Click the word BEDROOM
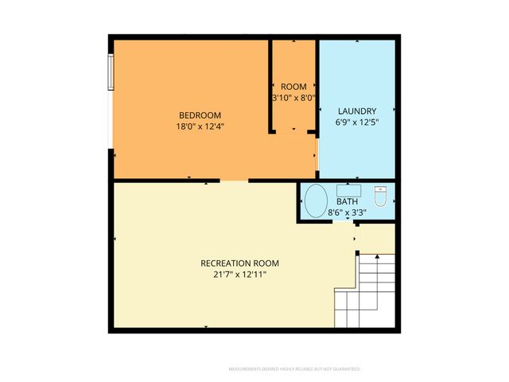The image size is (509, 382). tap(199, 115)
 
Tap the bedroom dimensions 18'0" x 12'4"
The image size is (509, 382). tap(199, 126)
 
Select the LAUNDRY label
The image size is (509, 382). tap(357, 111)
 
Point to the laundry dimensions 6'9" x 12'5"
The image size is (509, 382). tap(357, 122)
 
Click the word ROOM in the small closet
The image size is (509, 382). tap(293, 87)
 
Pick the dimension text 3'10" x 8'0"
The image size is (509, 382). tap(293, 98)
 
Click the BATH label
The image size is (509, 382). tap(347, 201)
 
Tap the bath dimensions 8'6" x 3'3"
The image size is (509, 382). tap(348, 212)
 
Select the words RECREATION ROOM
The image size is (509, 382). tap(239, 263)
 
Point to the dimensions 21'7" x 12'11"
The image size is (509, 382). tap(239, 275)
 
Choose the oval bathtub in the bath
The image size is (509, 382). tap(316, 201)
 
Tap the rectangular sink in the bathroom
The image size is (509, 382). tap(348, 190)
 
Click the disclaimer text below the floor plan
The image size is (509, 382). tap(294, 369)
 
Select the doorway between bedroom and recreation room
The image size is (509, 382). tap(234, 181)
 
